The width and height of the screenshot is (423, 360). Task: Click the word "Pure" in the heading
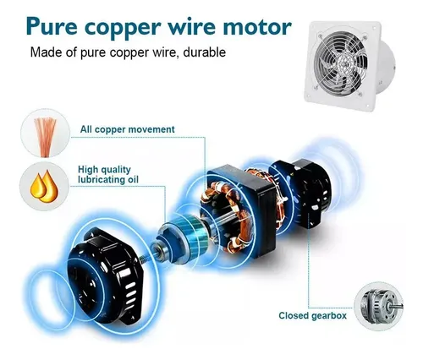point(52,26)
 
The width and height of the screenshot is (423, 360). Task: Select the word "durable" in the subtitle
point(205,52)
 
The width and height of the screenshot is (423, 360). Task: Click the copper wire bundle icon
point(45,137)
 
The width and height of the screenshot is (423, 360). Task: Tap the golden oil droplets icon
point(44,187)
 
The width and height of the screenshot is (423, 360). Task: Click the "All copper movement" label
point(128,129)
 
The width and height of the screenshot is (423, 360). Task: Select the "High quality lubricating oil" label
point(108,175)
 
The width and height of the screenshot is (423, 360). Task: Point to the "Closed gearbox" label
point(312,315)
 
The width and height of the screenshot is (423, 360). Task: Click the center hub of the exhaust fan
point(343,65)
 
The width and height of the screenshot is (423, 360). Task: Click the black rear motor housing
point(303,194)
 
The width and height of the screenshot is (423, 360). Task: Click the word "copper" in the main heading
point(123,28)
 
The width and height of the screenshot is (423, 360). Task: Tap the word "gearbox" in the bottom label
point(328,316)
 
